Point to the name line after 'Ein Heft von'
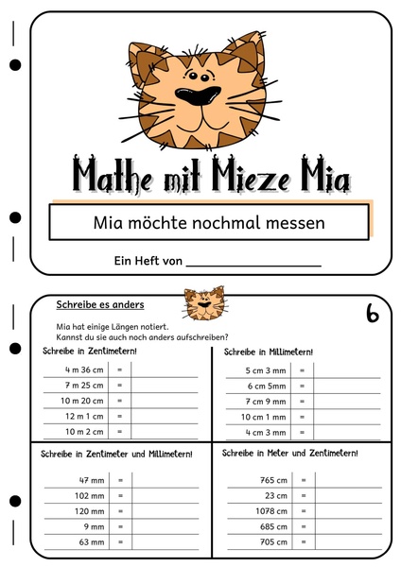[253, 264]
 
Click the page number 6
[372, 314]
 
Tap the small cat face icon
[204, 305]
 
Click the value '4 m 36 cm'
[83, 369]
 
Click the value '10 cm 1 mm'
[263, 417]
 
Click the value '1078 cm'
[270, 510]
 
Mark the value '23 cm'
[274, 495]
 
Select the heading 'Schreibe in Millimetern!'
[268, 352]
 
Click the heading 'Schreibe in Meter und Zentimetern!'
[290, 454]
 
